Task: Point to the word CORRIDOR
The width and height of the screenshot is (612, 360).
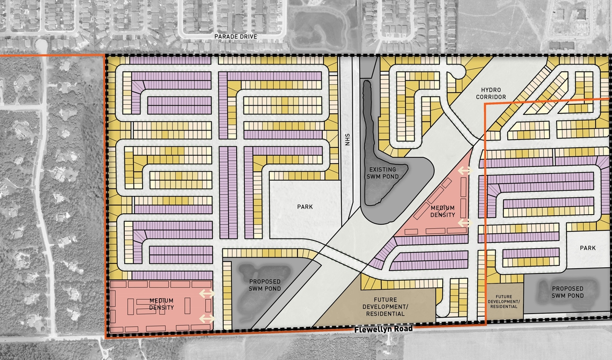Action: tap(494, 97)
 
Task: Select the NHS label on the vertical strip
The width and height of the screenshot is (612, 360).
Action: tap(348, 142)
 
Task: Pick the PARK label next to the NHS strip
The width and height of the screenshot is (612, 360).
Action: tap(305, 207)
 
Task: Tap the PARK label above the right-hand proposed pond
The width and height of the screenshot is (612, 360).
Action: tap(588, 248)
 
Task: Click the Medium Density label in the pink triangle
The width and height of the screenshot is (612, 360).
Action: tap(443, 211)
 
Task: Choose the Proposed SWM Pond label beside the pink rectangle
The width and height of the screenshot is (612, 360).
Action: tap(264, 285)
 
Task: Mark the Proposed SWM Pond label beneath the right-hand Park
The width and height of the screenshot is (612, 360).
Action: tap(568, 292)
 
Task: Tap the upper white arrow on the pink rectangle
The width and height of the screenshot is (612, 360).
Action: tap(207, 294)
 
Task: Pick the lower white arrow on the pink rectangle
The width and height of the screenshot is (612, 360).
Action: tap(207, 318)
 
